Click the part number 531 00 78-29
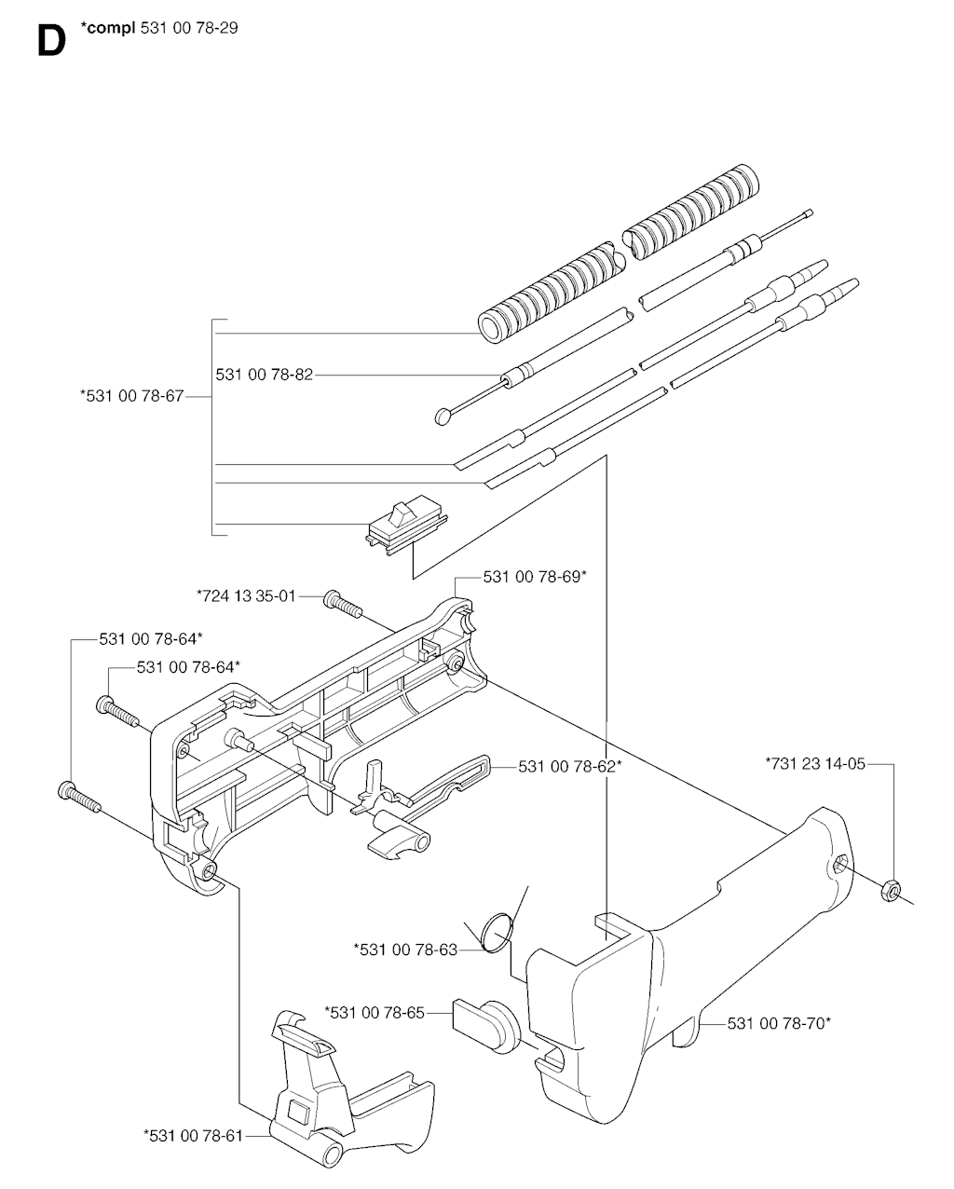coord(189,28)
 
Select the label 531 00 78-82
coord(264,375)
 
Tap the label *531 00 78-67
coord(132,396)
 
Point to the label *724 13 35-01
coord(246,596)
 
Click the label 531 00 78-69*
coord(535,577)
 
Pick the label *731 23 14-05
coord(815,763)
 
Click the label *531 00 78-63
coord(405,950)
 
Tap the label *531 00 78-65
coord(375,1013)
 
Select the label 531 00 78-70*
coord(779,1023)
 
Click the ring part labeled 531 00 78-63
coord(497,932)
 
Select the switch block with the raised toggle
coord(406,525)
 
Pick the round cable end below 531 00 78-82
coord(443,416)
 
